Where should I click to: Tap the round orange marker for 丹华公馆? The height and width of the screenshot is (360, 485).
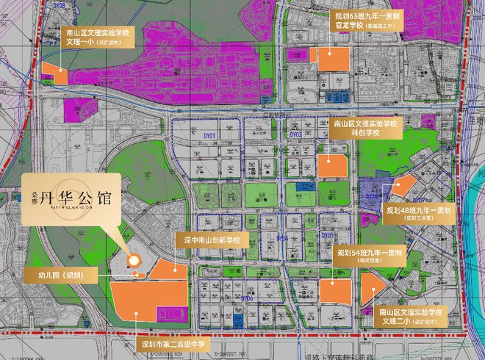(x=134, y=260)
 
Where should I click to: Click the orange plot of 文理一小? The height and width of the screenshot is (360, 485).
(x=54, y=72)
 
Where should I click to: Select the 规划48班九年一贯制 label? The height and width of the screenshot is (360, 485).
(x=423, y=213)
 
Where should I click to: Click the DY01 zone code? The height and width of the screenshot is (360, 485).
(x=209, y=135)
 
